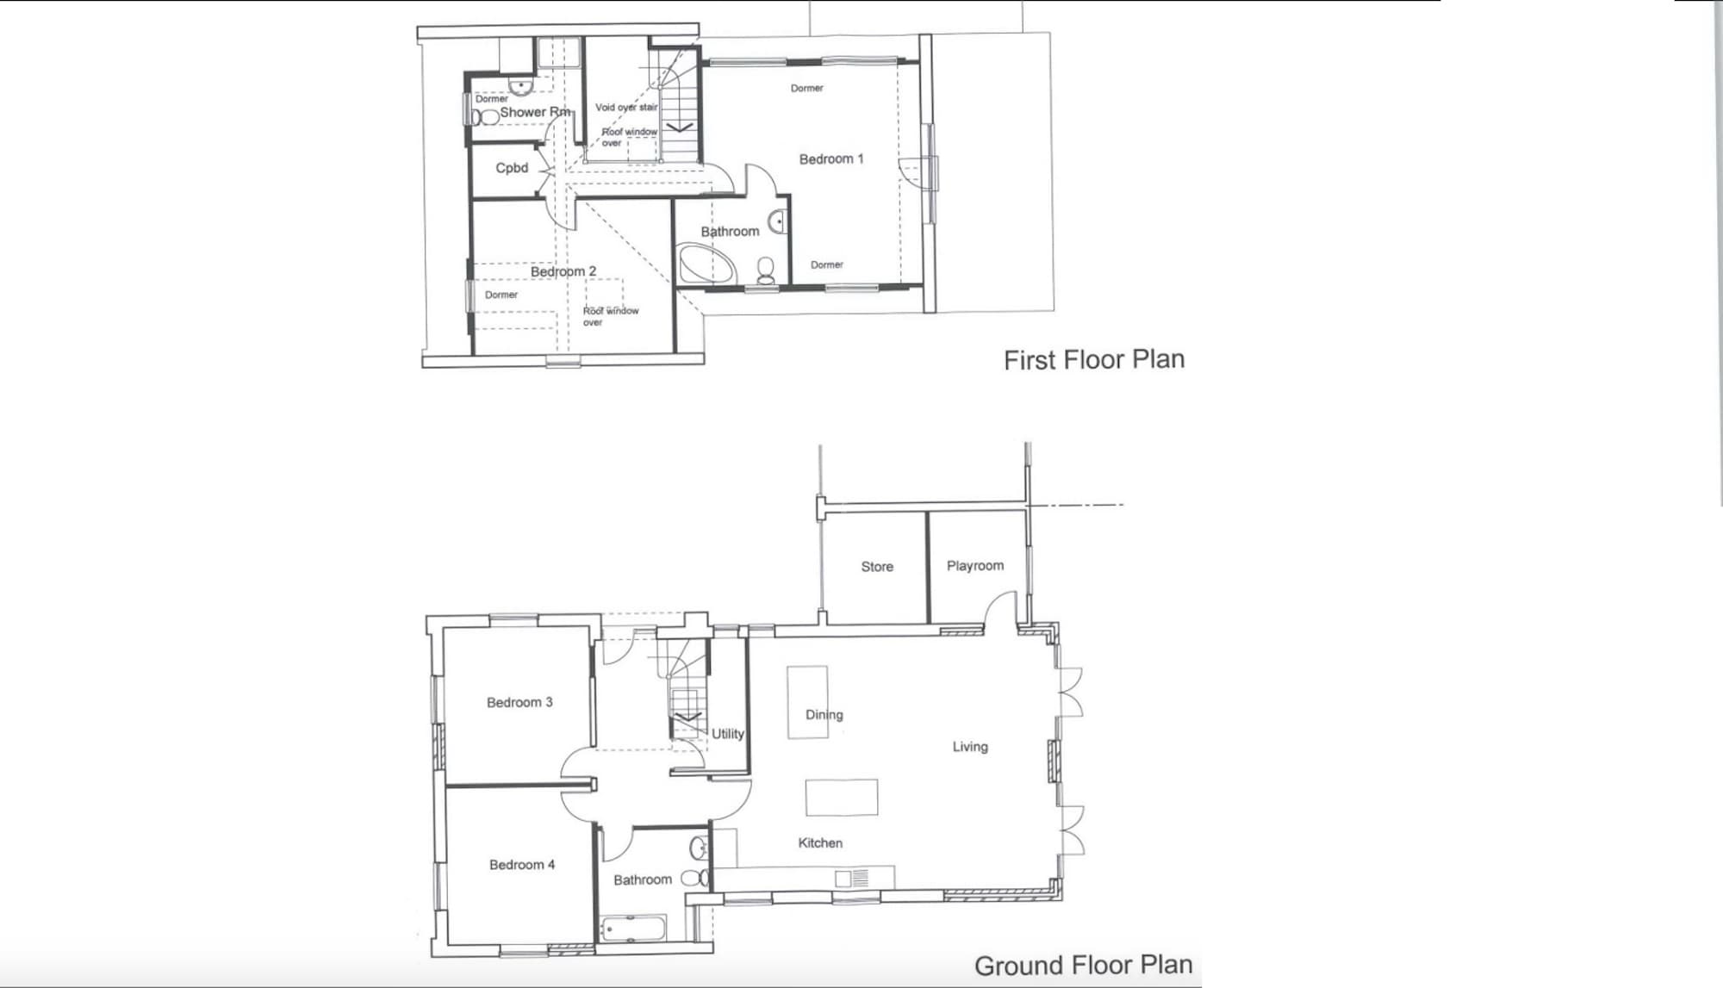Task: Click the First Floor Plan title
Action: [x=1094, y=359]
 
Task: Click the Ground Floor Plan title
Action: [x=1083, y=965]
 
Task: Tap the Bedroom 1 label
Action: [x=830, y=158]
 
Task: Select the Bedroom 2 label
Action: [x=563, y=271]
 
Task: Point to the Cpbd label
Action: [x=512, y=168]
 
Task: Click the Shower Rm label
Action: [x=535, y=112]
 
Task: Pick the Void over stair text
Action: [x=626, y=107]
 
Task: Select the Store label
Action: [x=877, y=567]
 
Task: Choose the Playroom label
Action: [x=975, y=566]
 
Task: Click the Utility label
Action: [x=727, y=734]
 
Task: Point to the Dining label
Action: [x=824, y=714]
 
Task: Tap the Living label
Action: [x=970, y=747]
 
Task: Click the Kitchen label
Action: [x=820, y=843]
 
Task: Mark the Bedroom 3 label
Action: [x=519, y=702]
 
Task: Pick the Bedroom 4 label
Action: [x=522, y=865]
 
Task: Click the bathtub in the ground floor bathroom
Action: [x=633, y=929]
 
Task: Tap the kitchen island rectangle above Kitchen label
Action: [x=842, y=797]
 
